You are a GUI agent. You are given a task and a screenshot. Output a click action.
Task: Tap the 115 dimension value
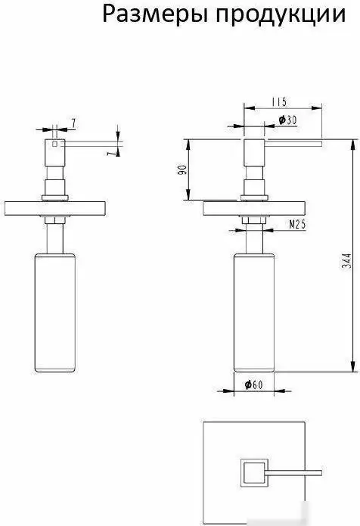[279, 101]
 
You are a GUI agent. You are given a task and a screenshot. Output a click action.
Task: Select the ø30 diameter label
[288, 120]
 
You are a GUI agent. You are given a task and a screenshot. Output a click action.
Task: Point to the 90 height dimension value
[182, 170]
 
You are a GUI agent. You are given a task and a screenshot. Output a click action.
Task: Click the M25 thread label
[297, 225]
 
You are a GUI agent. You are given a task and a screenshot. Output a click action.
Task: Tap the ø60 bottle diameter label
[253, 384]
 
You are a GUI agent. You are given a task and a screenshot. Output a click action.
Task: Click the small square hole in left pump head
[55, 144]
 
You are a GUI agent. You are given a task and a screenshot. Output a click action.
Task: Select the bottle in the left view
[55, 313]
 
